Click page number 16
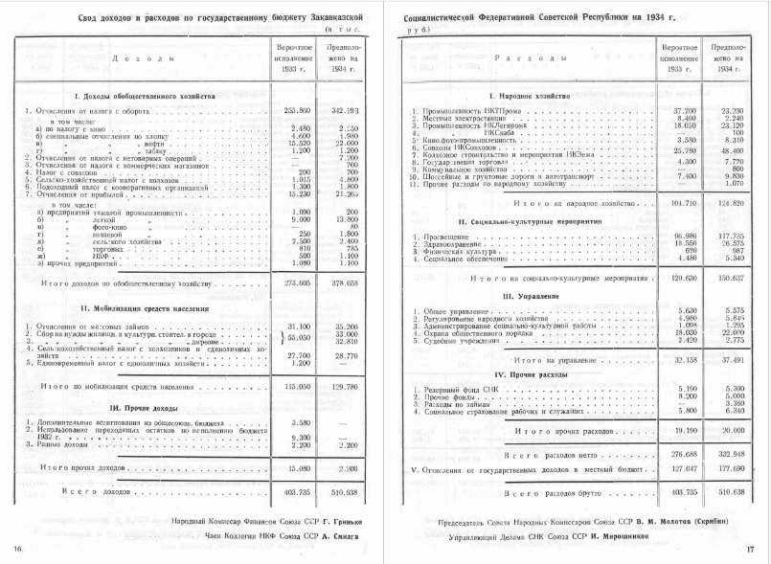pyautogui.click(x=17, y=548)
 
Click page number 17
pyautogui.click(x=750, y=548)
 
